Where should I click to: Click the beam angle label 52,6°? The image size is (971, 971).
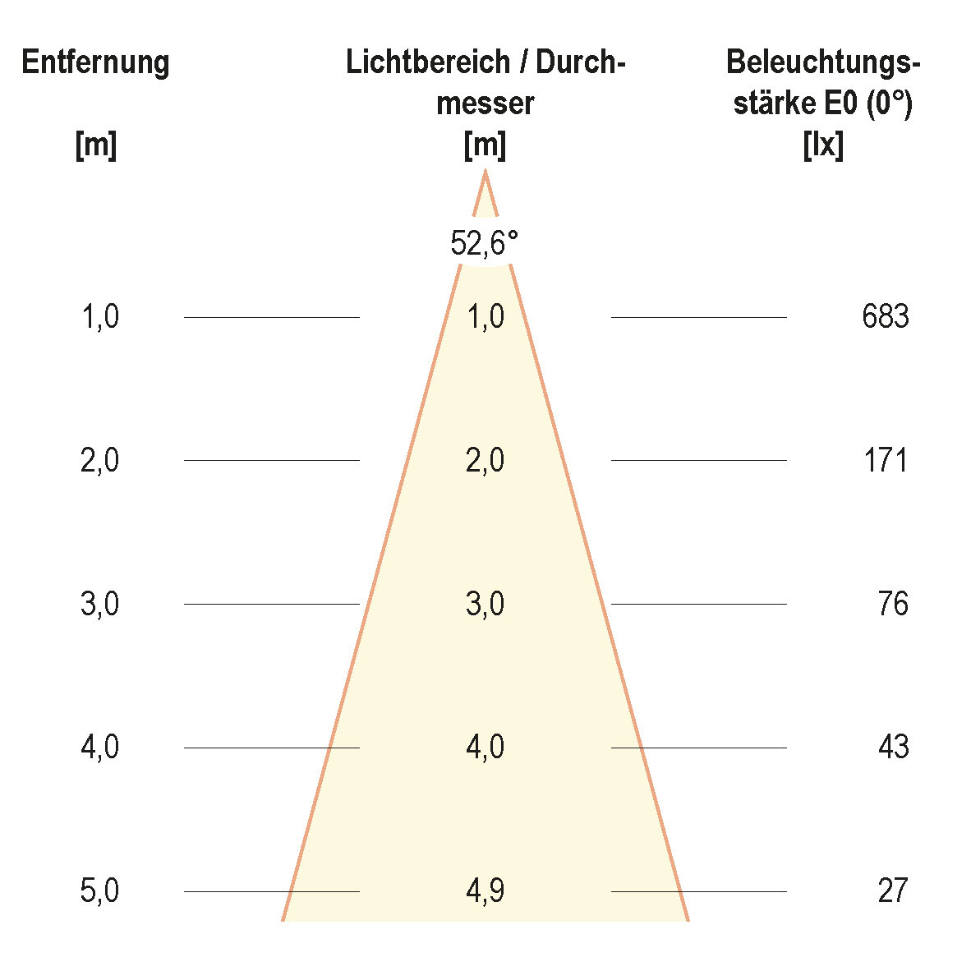pyautogui.click(x=485, y=243)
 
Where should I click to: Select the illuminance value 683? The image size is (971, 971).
pyautogui.click(x=885, y=316)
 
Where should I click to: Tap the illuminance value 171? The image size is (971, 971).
pyautogui.click(x=885, y=460)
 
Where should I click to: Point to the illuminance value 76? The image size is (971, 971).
pyautogui.click(x=892, y=604)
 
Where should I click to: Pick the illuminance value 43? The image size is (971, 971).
pyautogui.click(x=892, y=747)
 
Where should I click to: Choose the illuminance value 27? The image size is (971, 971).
pyautogui.click(x=892, y=890)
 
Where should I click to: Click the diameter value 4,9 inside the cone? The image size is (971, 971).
pyautogui.click(x=485, y=890)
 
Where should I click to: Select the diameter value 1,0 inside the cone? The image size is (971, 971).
pyautogui.click(x=485, y=316)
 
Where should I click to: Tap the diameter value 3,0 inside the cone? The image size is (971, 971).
pyautogui.click(x=485, y=604)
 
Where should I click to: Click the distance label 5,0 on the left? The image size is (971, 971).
pyautogui.click(x=99, y=890)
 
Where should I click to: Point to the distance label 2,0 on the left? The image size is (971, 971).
pyautogui.click(x=99, y=460)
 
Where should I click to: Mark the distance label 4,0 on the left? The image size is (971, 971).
pyautogui.click(x=99, y=747)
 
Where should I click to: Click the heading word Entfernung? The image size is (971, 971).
pyautogui.click(x=95, y=62)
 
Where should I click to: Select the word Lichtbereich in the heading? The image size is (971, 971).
pyautogui.click(x=426, y=62)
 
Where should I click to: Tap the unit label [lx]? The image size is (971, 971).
pyautogui.click(x=823, y=146)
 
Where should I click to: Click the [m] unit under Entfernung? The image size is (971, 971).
pyautogui.click(x=95, y=146)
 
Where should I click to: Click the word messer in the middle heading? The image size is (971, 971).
pyautogui.click(x=485, y=104)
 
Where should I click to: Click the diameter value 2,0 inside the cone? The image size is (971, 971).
pyautogui.click(x=485, y=460)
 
